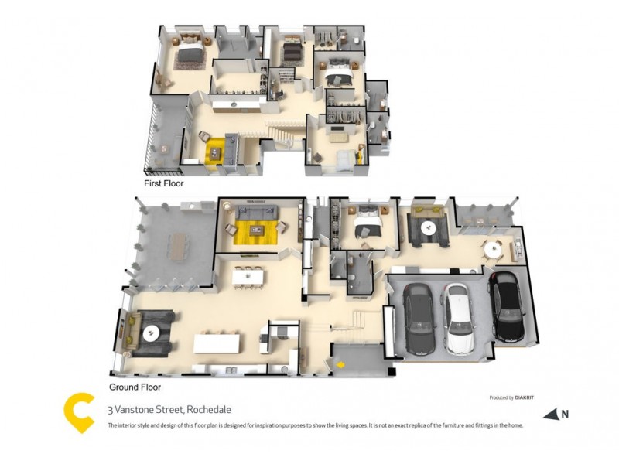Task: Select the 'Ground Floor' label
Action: coord(135,386)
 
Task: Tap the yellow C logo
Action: coord(80,413)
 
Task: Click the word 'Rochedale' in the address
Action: coord(209,409)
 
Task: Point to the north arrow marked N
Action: coord(556,415)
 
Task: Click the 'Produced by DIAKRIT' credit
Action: coord(511,397)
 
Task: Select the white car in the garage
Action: coord(459,316)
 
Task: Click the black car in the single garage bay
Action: coord(508,307)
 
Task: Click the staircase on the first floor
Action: coord(282,135)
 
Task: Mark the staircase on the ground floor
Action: coord(360,318)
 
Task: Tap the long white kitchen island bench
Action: coord(219,342)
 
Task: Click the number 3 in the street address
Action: coord(110,409)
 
